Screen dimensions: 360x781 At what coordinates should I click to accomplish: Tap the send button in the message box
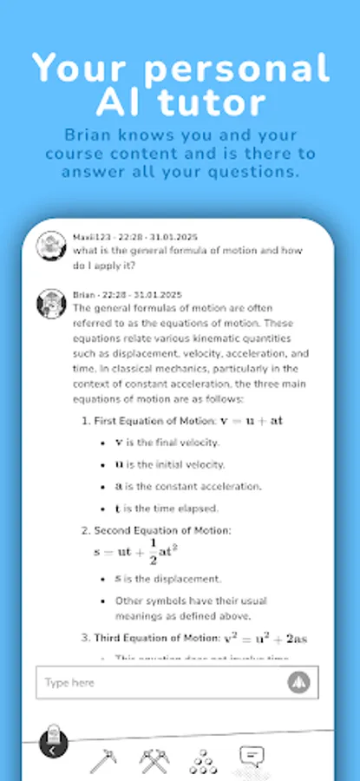(298, 682)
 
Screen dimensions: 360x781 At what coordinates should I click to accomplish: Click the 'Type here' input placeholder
(69, 683)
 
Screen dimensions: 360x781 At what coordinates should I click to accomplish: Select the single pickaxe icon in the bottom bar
(103, 760)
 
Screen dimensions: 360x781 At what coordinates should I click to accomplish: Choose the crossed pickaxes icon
(154, 760)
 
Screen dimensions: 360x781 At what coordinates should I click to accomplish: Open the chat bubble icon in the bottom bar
(252, 757)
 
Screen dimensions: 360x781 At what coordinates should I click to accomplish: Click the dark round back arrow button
(52, 747)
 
